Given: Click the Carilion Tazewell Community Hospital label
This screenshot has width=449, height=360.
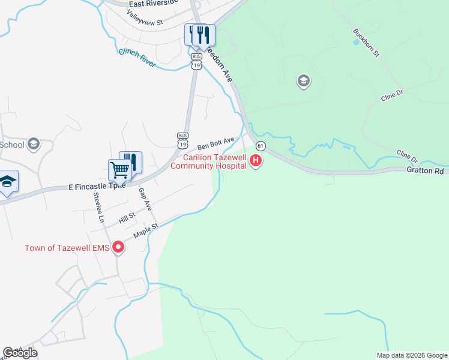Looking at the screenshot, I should click(208, 161).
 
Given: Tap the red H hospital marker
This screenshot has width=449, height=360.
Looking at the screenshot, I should click(256, 160).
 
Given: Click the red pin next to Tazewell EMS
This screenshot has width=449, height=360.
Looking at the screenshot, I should click(119, 247).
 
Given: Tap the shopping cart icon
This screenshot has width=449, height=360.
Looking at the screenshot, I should click(119, 170).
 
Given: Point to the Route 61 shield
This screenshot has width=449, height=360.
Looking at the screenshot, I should click(261, 146).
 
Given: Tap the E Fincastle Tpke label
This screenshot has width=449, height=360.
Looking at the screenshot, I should click(97, 187).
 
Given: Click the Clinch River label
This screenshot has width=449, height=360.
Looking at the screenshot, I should click(137, 58).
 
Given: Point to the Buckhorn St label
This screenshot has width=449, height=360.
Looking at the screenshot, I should click(367, 43).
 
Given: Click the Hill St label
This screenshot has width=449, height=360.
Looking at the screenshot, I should click(127, 217).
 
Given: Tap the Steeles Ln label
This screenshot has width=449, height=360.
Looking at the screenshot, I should click(98, 207).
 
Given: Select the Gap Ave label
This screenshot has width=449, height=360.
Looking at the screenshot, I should click(145, 199).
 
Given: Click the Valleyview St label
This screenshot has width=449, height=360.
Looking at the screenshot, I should click(145, 17).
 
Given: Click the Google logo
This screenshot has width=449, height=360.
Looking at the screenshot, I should click(20, 353).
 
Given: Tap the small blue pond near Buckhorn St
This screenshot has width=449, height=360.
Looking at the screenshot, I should click(356, 43).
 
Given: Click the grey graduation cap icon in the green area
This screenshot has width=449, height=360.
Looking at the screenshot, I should click(303, 81).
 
